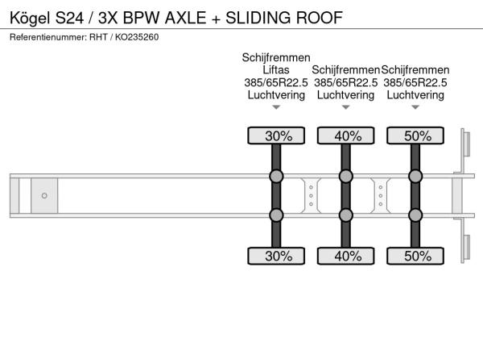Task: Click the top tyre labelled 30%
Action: pyautogui.click(x=276, y=136)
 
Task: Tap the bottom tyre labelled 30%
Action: pyautogui.click(x=276, y=256)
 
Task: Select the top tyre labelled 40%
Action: pyautogui.click(x=346, y=136)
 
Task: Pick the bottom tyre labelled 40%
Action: pyautogui.click(x=346, y=256)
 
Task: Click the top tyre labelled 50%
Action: pyautogui.click(x=415, y=136)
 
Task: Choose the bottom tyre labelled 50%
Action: pyautogui.click(x=415, y=256)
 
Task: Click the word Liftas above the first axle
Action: pyautogui.click(x=276, y=69)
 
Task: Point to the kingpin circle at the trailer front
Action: pyautogui.click(x=44, y=196)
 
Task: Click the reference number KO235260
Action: pyautogui.click(x=137, y=37)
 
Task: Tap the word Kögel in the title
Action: pyautogui.click(x=30, y=18)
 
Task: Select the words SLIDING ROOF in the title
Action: pyautogui.click(x=284, y=18)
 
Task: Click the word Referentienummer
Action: pyautogui.click(x=48, y=37)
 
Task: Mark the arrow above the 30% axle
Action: pyautogui.click(x=276, y=107)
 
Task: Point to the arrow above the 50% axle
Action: pyautogui.click(x=415, y=107)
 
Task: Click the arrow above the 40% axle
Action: pyautogui.click(x=346, y=107)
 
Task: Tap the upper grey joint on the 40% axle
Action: pyautogui.click(x=346, y=176)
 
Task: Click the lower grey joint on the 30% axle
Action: pyautogui.click(x=276, y=215)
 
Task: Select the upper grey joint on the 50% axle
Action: pyautogui.click(x=415, y=176)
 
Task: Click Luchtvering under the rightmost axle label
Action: pyautogui.click(x=415, y=95)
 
